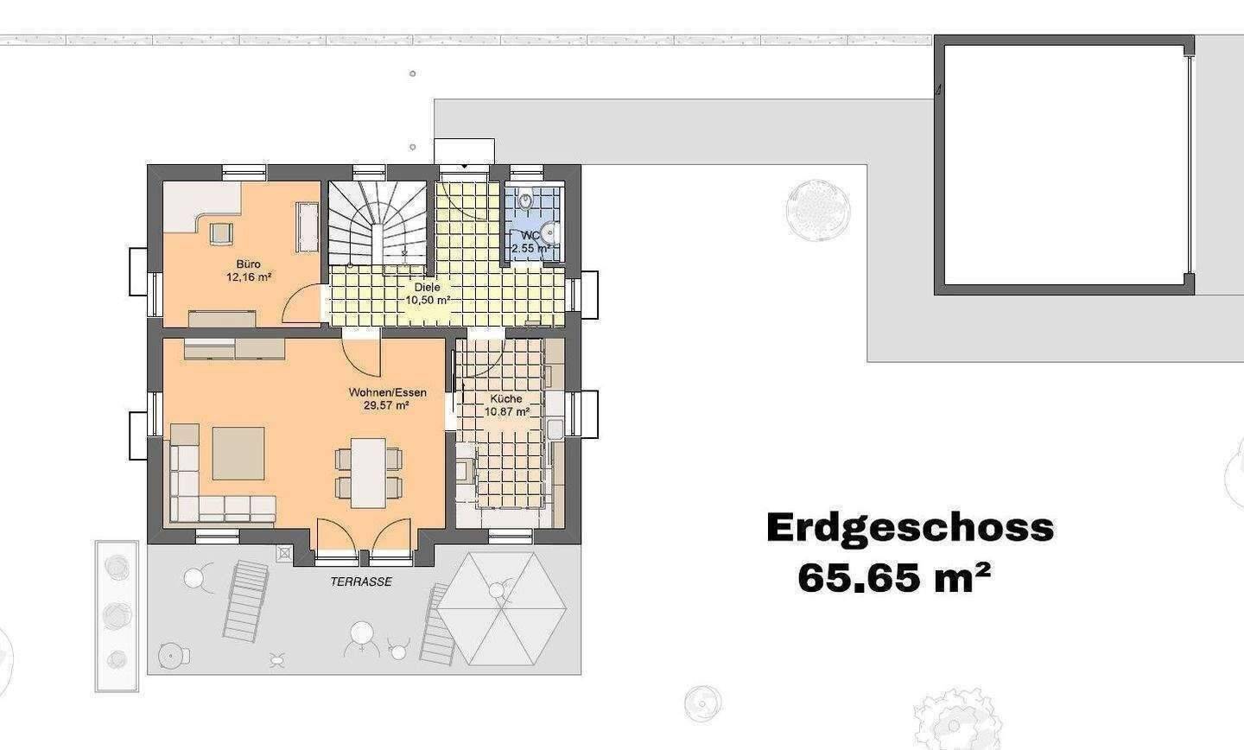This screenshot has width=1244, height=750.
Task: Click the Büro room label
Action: click(x=248, y=264)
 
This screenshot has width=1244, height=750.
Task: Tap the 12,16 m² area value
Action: click(x=249, y=276)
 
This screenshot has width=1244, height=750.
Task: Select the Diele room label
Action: click(x=427, y=287)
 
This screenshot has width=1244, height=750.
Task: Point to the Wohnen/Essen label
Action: click(x=388, y=392)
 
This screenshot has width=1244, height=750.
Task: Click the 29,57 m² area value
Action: click(x=386, y=405)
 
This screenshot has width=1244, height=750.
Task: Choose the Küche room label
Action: click(x=506, y=398)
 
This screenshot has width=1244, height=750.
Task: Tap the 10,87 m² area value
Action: click(x=506, y=411)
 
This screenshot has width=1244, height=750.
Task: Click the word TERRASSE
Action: click(x=361, y=582)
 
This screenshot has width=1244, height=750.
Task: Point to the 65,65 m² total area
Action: click(x=894, y=578)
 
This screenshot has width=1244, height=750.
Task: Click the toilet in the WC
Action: click(x=525, y=199)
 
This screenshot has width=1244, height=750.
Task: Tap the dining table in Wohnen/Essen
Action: click(x=368, y=473)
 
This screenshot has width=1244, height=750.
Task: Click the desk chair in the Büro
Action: click(x=220, y=233)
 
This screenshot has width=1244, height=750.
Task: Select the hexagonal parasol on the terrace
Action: click(x=501, y=608)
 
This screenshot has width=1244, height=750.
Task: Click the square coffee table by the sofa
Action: click(x=238, y=453)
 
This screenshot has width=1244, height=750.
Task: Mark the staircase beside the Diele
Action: click(x=378, y=223)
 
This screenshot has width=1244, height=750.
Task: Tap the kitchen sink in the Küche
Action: click(x=555, y=429)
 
